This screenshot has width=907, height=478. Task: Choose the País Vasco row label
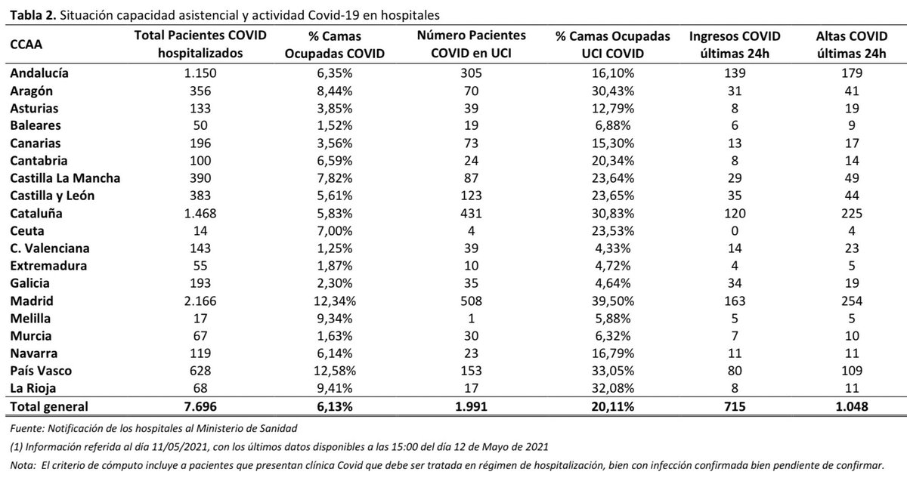[x=40, y=370]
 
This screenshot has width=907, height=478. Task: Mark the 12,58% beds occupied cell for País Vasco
[x=341, y=370]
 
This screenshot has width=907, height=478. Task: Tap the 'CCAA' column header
[x=26, y=45]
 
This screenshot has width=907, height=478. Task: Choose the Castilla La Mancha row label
[x=65, y=178]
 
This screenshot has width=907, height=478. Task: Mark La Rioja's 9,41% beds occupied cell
[x=341, y=388]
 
